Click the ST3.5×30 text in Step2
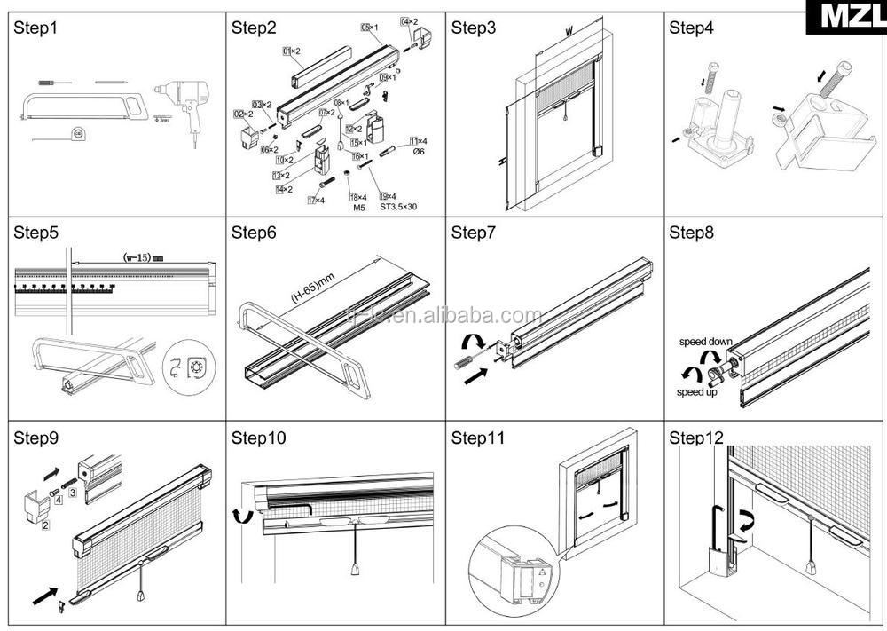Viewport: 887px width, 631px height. click(398, 208)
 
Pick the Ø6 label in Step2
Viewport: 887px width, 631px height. click(419, 152)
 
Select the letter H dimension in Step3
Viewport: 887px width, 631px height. click(501, 161)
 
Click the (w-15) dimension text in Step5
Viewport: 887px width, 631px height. click(142, 257)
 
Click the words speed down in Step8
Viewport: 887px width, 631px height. click(706, 341)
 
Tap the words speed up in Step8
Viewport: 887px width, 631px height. click(697, 392)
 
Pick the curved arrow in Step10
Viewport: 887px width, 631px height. click(238, 517)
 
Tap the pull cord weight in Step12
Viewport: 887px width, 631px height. click(812, 567)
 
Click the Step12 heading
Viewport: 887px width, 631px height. click(697, 438)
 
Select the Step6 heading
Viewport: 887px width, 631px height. click(255, 233)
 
